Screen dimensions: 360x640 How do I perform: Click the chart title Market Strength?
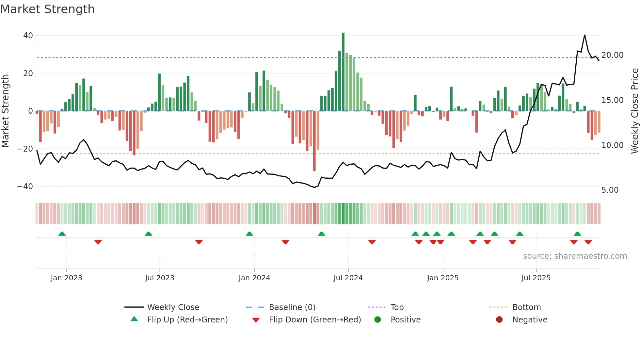(48, 9)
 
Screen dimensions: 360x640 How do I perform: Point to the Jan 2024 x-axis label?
(254, 278)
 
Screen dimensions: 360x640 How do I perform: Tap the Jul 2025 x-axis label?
(536, 278)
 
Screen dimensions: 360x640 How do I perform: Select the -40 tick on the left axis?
(25, 187)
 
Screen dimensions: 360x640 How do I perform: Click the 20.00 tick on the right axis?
(612, 55)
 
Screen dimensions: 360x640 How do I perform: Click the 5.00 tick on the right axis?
(610, 190)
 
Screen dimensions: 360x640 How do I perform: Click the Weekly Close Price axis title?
(634, 111)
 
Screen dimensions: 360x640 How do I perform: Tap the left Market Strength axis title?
(6, 111)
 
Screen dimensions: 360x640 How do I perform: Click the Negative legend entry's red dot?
(499, 319)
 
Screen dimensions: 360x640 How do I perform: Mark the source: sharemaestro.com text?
(575, 256)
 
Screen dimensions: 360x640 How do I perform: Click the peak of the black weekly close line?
(584, 35)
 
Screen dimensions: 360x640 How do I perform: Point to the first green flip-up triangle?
(62, 234)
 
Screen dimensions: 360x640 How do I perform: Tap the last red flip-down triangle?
(588, 242)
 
